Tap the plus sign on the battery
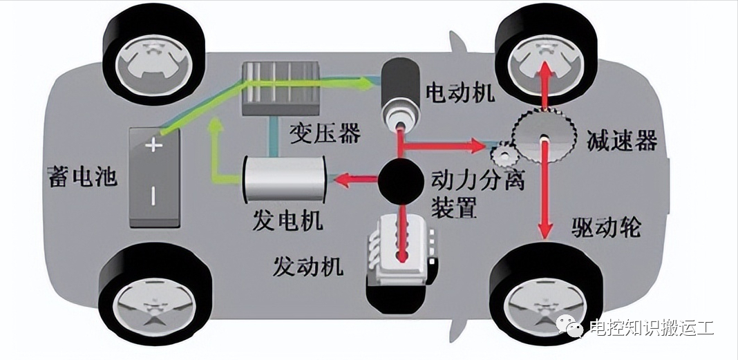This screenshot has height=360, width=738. coord(153,145)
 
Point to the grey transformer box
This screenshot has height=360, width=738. coord(281,89)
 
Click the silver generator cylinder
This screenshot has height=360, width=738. coord(284,179)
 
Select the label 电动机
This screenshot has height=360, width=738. coord(460,92)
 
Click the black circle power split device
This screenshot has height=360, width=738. coord(399,180)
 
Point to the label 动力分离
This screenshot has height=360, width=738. coord(477,180)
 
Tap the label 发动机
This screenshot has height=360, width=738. coord(308,267)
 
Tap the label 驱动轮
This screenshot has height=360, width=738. coord(605,228)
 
